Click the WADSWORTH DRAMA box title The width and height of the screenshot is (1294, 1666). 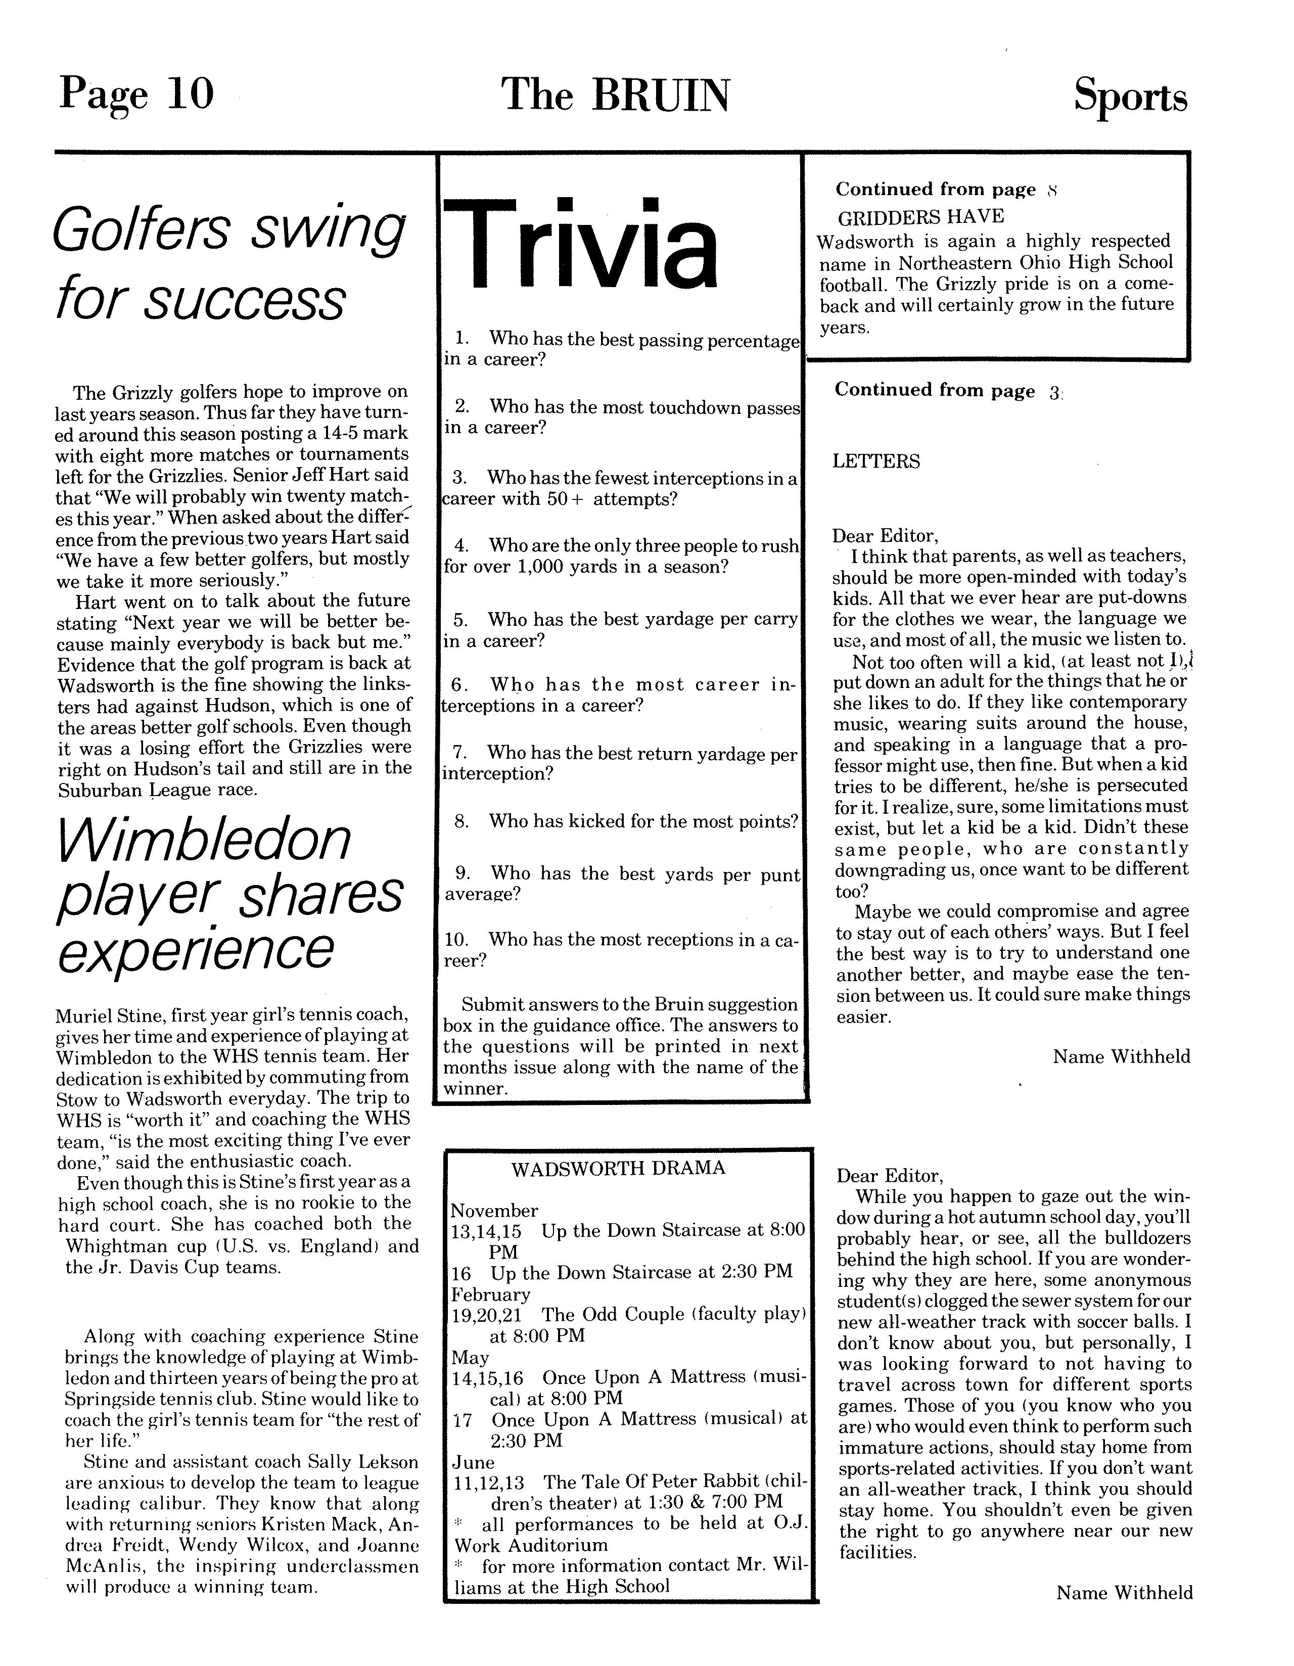pyautogui.click(x=618, y=1169)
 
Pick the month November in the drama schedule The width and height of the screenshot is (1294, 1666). pyautogui.click(x=494, y=1211)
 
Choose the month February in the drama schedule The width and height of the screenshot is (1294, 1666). pyautogui.click(x=491, y=1294)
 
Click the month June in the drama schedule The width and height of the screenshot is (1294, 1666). pyautogui.click(x=473, y=1462)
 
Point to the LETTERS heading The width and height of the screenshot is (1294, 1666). pyautogui.click(x=876, y=461)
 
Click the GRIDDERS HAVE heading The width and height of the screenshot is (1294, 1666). pyautogui.click(x=921, y=217)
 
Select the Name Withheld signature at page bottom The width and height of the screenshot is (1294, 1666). pyautogui.click(x=1124, y=1593)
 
